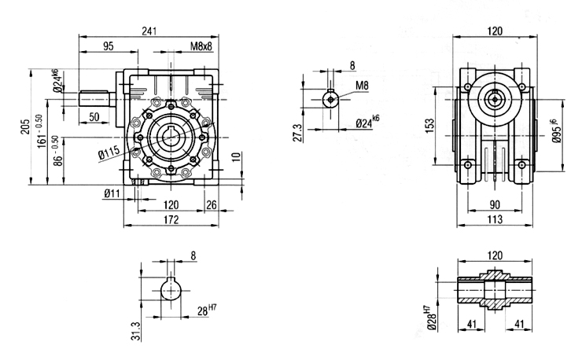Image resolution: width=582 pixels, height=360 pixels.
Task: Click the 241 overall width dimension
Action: point(149,31)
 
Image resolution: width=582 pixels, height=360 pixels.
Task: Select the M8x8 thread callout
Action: point(201,46)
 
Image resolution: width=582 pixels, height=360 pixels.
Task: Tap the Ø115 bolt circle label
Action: point(109,153)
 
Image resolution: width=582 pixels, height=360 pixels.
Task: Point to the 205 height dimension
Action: point(25,127)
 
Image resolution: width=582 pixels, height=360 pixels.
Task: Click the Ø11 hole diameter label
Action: point(112,193)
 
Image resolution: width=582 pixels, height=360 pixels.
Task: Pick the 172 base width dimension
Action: point(171,219)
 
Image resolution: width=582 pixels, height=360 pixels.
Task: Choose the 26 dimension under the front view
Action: point(211,205)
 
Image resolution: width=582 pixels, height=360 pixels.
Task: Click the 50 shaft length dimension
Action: point(94,117)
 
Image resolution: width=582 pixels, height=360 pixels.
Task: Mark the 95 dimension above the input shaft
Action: point(108,46)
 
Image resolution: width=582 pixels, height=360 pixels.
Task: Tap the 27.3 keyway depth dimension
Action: point(298,133)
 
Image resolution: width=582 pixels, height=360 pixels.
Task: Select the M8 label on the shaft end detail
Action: point(362,86)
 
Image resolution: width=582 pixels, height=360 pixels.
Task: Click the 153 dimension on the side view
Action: point(429,126)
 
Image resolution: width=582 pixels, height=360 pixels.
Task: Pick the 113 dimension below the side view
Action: point(495,219)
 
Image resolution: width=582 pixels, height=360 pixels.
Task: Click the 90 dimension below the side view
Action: point(495,205)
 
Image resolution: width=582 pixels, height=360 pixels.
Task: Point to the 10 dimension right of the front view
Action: point(238,160)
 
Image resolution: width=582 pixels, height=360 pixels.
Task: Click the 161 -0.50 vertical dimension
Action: point(42,130)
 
